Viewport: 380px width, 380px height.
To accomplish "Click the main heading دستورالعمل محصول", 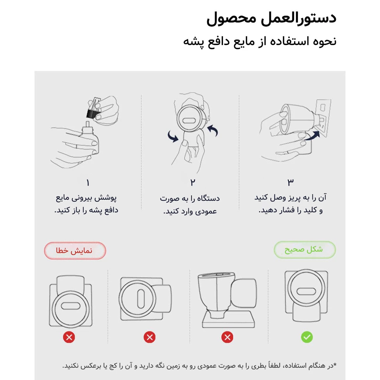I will pyautogui.click(x=271, y=18).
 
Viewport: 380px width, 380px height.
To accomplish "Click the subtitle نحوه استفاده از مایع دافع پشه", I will pyautogui.click(x=260, y=42).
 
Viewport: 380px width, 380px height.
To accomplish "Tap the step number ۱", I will pyautogui.click(x=88, y=183).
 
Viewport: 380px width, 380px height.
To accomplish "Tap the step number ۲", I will pyautogui.click(x=192, y=183).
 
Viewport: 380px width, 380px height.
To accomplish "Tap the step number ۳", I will pyautogui.click(x=290, y=182).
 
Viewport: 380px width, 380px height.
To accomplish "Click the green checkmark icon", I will pyautogui.click(x=307, y=337).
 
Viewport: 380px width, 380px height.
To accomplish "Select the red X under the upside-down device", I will pyautogui.click(x=69, y=337).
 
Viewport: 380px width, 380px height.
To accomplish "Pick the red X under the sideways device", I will pyautogui.click(x=150, y=337).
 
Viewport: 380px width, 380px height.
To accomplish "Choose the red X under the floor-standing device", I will pyautogui.click(x=227, y=337).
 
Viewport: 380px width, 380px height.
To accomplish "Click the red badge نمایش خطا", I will pyautogui.click(x=75, y=251).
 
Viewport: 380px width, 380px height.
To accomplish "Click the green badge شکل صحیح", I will pyautogui.click(x=305, y=250).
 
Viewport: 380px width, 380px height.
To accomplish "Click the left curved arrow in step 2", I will pyautogui.click(x=173, y=136).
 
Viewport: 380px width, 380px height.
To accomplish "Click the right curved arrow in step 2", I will pyautogui.click(x=213, y=130).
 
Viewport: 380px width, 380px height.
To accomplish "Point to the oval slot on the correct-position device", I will pyautogui.click(x=306, y=291).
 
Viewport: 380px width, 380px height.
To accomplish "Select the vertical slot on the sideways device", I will pyautogui.click(x=141, y=298).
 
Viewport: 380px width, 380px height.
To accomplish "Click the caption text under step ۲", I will pyautogui.click(x=190, y=205).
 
